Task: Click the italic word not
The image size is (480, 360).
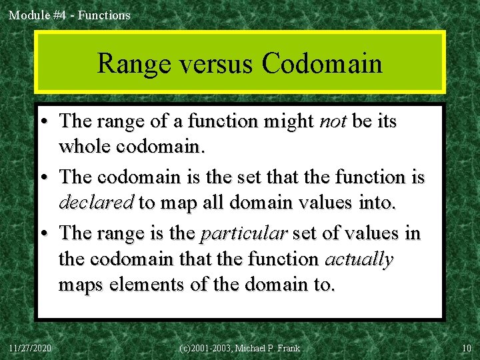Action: pyautogui.click(x=333, y=121)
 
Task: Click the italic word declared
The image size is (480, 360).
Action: pyautogui.click(x=97, y=202)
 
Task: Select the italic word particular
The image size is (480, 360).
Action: pyautogui.click(x=243, y=234)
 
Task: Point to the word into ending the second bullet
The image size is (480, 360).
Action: pyautogui.click(x=377, y=202)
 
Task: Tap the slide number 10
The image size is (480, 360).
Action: pyautogui.click(x=466, y=348)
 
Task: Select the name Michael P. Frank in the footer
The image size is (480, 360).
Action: pyautogui.click(x=267, y=348)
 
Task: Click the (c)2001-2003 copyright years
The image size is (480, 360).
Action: pyautogui.click(x=205, y=348)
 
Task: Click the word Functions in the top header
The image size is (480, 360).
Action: pyautogui.click(x=104, y=15)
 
